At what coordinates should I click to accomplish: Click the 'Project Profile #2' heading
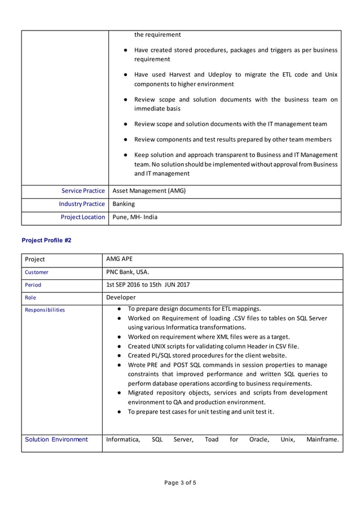pos(46,240)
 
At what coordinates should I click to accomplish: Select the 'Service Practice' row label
pos(83,191)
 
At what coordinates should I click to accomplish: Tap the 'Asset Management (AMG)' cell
pos(149,191)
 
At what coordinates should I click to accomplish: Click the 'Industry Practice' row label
pos(82,204)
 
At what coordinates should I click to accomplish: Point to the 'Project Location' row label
pos(83,217)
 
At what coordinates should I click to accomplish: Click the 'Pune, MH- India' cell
pos(135,217)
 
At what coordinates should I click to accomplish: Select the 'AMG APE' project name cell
pos(119,259)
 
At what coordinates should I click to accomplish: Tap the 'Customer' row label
pos(37,272)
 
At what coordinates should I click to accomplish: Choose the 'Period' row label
pos(33,285)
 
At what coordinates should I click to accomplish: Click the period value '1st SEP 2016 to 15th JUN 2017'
pos(148,285)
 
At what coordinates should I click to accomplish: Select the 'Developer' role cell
pos(121,297)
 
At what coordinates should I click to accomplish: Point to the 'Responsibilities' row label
pos(45,310)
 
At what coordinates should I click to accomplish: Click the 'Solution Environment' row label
pos(56,439)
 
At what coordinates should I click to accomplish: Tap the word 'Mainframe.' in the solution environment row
pos(322,439)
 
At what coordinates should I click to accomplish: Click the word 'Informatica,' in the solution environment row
pos(123,439)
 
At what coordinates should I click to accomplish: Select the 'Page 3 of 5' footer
pos(180,482)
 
